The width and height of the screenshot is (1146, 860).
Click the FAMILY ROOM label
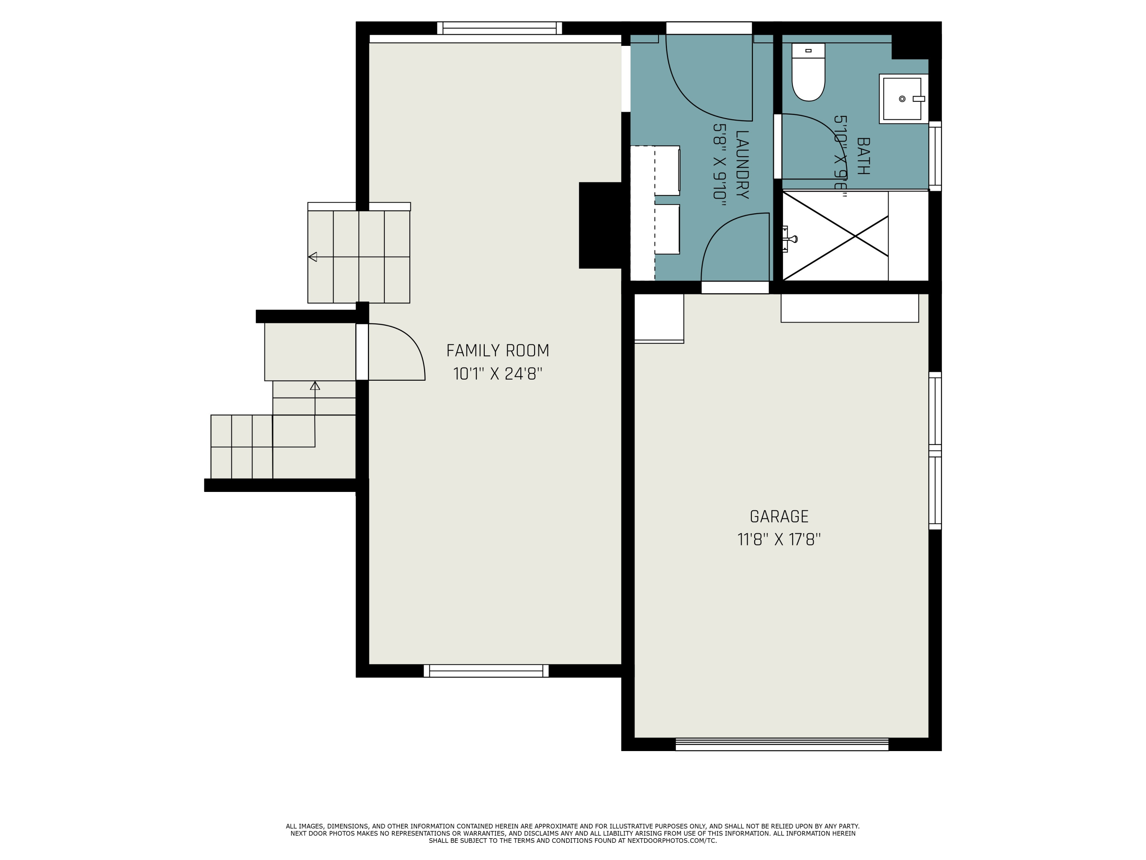tap(497, 351)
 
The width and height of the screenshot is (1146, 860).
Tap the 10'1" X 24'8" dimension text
tap(497, 374)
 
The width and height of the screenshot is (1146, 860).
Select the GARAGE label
tap(779, 517)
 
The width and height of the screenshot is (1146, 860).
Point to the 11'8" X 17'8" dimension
tap(779, 540)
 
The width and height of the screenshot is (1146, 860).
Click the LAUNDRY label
tap(742, 164)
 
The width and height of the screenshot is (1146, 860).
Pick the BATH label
tap(863, 156)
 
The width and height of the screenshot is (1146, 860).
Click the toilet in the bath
tap(808, 73)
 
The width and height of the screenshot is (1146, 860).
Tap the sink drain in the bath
tap(902, 99)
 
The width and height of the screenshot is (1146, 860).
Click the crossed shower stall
tap(835, 236)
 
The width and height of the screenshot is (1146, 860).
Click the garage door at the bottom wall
tap(782, 745)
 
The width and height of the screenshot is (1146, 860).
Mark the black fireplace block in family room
tap(600, 225)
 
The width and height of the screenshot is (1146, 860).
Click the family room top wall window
tap(499, 28)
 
